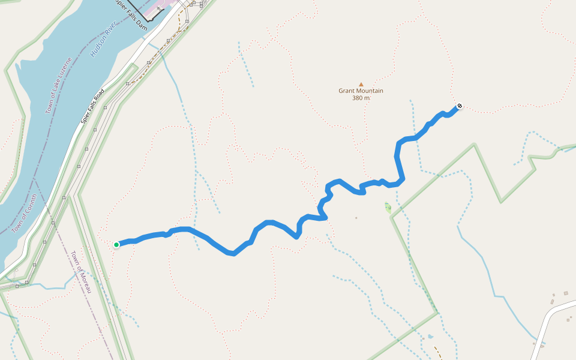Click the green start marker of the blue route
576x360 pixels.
click(116, 244)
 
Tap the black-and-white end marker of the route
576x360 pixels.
click(460, 106)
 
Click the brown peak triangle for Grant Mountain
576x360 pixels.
click(361, 85)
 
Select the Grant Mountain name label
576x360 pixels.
click(361, 91)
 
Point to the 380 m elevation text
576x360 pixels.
click(361, 98)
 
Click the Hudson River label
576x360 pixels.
click(103, 40)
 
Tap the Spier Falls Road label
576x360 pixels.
click(93, 106)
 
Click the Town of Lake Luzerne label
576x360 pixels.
click(59, 86)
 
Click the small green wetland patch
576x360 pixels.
click(388, 208)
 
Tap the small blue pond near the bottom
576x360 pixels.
click(430, 337)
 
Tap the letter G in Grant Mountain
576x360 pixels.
click(341, 91)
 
